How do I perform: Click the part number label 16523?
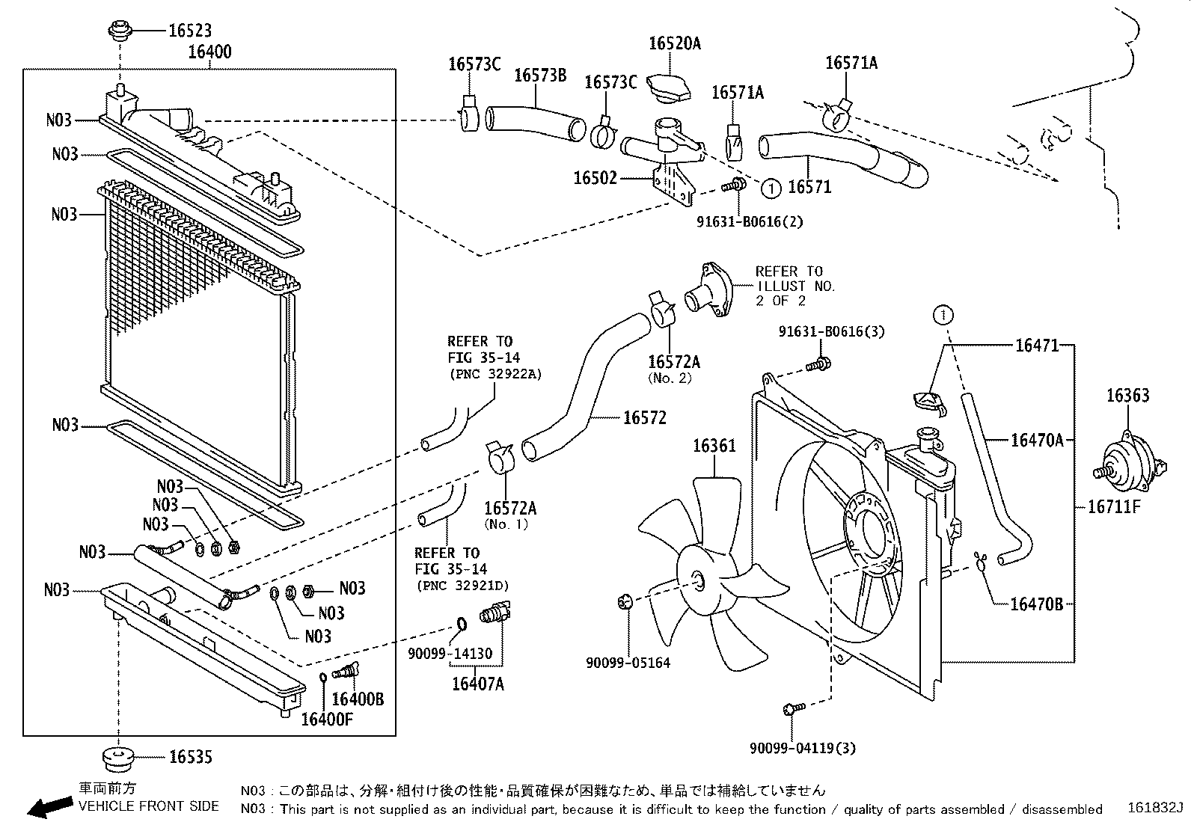tap(189, 31)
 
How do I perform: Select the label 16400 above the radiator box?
tap(209, 52)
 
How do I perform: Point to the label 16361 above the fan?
tap(714, 447)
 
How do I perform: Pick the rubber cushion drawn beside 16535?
tap(117, 758)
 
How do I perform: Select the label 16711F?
tap(1114, 507)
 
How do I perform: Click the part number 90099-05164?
tap(628, 663)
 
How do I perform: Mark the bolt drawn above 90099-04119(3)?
tap(794, 708)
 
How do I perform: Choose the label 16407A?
tap(477, 684)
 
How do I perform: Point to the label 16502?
tap(595, 178)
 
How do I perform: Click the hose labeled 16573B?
tap(534, 123)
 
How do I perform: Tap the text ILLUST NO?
tap(795, 286)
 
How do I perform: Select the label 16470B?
tap(1036, 604)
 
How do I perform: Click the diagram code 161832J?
tap(1156, 809)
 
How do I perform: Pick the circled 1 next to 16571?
tap(771, 188)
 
